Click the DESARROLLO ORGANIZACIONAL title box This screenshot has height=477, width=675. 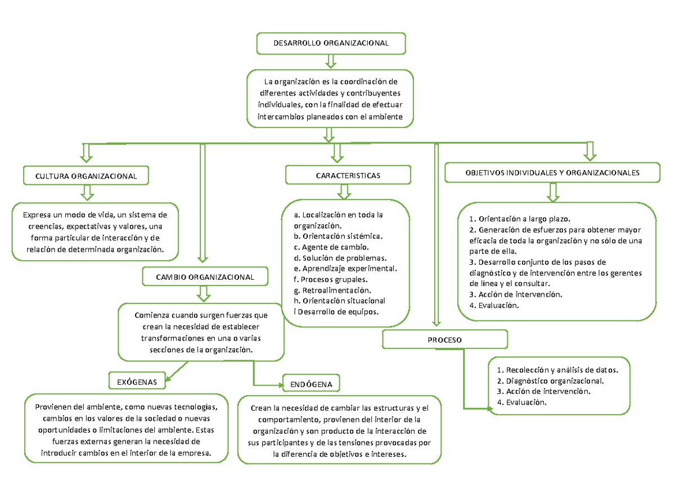click(x=331, y=43)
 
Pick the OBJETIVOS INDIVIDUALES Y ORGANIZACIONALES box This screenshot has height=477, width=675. click(x=552, y=173)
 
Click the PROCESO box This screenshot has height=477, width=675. click(x=445, y=340)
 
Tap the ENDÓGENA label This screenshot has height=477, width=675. click(x=312, y=384)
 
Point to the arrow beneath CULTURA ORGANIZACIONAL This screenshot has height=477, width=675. click(x=87, y=192)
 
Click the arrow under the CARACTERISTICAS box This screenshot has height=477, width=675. click(x=344, y=192)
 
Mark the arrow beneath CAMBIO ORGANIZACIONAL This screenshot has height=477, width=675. click(x=203, y=293)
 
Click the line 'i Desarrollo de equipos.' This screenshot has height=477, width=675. click(x=336, y=311)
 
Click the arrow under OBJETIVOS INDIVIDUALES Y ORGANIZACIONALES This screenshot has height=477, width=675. click(x=553, y=192)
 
